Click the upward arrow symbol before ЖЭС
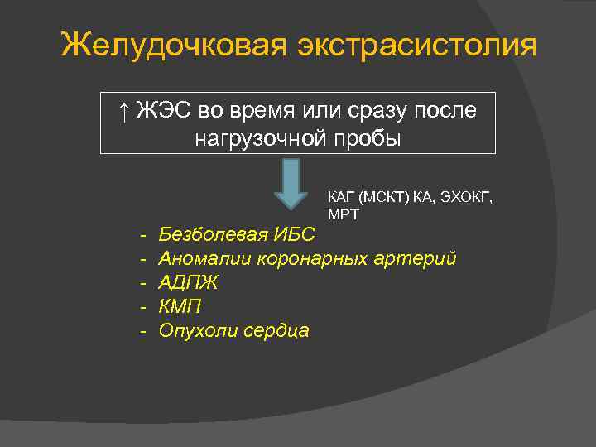point(123,111)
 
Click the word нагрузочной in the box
point(264,138)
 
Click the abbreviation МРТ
point(343,214)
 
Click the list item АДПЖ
point(189,283)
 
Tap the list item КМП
point(180,306)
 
